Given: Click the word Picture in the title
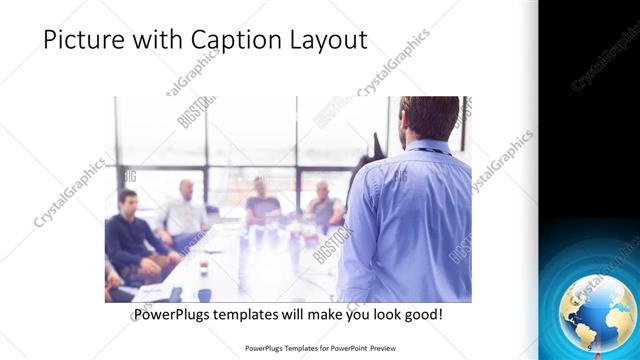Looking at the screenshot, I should [x=81, y=40].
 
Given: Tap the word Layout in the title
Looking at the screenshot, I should [x=327, y=40].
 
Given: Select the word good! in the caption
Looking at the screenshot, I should [x=421, y=314].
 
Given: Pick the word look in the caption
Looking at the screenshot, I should [x=379, y=314].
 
